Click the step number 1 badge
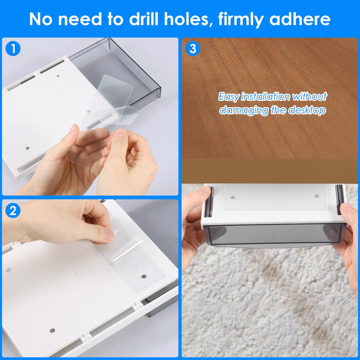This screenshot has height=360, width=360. point(13,49)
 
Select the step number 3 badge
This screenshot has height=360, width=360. point(193,49)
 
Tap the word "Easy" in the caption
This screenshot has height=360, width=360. point(229,97)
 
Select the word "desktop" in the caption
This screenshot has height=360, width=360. point(307,110)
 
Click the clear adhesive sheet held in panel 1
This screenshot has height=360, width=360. point(105,116)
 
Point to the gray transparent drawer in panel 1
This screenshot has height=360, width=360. point(134,70)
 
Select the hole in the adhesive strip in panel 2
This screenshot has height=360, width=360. point(144,276)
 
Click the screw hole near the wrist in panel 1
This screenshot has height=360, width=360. point(27,148)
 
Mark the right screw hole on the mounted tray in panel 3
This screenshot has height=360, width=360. point(316,196)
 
